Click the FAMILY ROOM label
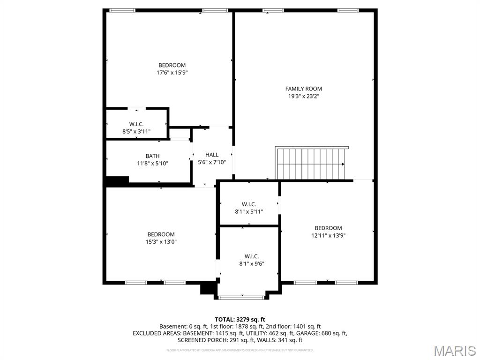coord(303,89)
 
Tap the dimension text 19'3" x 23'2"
coord(303,96)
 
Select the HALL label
coord(211,155)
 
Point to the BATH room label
coord(152,156)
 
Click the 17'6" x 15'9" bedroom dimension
coord(172,73)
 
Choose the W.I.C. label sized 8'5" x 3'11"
coord(136,124)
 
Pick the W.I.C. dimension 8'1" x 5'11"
coord(248,211)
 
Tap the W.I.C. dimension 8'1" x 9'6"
coord(251,264)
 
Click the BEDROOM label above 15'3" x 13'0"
coord(161,234)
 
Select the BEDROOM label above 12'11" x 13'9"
coord(328,228)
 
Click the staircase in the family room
coord(311,164)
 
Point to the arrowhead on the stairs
coord(343,164)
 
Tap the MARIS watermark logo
coord(454,351)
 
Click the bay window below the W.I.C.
coord(241,297)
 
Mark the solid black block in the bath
coord(117,181)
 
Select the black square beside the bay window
coord(207,288)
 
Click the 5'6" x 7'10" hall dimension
coord(211,162)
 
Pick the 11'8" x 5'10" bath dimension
coord(152,164)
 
